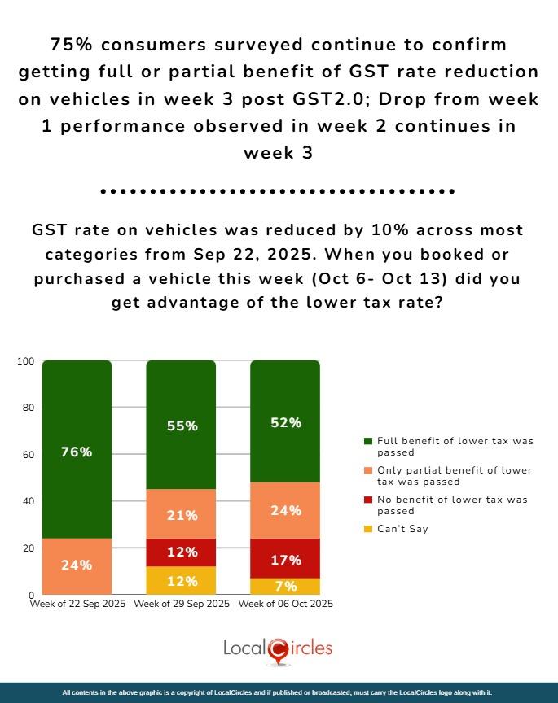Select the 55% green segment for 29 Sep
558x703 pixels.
click(x=181, y=425)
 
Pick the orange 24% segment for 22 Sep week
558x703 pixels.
click(x=77, y=565)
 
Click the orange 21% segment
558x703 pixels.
click(x=181, y=514)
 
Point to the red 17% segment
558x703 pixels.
click(x=285, y=559)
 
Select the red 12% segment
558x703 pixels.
click(x=181, y=552)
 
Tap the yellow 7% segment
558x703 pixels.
click(x=285, y=586)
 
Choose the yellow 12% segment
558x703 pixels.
click(x=181, y=580)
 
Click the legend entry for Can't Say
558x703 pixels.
click(x=398, y=529)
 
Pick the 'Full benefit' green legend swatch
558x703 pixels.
click(x=367, y=440)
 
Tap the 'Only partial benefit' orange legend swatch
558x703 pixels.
click(x=367, y=470)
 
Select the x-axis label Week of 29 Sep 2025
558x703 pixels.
click(x=181, y=605)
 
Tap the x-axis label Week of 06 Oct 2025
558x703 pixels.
click(x=285, y=605)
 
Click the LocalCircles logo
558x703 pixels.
click(x=278, y=648)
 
